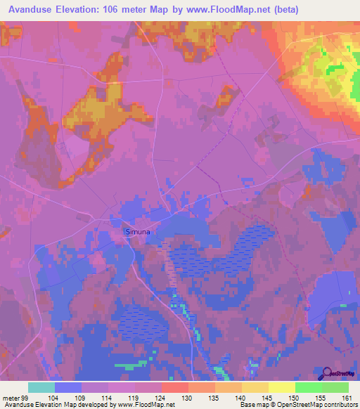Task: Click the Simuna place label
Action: (138, 231)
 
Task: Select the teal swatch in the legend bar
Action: (41, 387)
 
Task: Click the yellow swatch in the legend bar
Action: (281, 387)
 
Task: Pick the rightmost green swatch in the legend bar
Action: (335, 387)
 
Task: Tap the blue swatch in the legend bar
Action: (68, 387)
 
